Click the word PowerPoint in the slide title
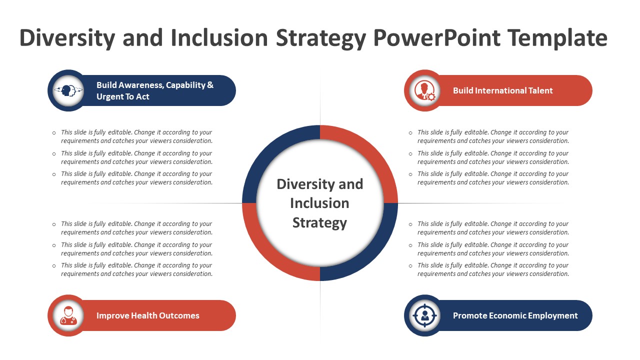coord(437,37)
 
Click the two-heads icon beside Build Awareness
coord(68,90)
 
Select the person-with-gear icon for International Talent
coord(425,90)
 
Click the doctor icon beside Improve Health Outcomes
coord(68,315)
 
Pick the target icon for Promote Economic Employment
coord(425,315)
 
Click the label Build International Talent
coord(503,90)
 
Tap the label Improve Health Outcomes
coord(147,315)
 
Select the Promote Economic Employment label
coord(515,315)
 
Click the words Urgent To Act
coord(123,96)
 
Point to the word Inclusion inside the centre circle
coord(319,203)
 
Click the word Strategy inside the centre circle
coord(319,222)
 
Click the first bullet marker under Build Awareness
coord(54,133)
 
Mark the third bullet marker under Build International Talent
coord(410,174)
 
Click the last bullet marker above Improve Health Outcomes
coord(54,265)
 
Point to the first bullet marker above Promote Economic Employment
coord(410,224)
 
